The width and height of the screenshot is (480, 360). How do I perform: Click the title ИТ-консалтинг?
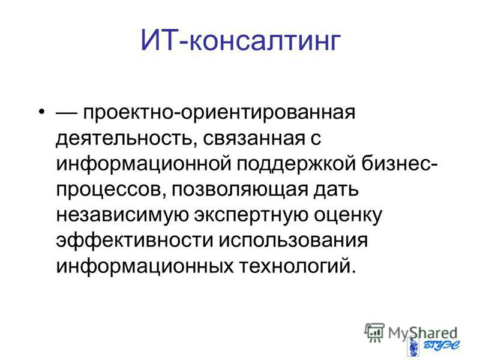241,41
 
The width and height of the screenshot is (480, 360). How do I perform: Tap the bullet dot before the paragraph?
42,110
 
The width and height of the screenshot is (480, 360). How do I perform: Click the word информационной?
143,164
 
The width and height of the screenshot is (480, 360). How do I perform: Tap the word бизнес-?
399,164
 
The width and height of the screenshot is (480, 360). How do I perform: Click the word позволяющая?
239,190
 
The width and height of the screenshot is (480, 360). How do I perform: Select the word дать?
336,190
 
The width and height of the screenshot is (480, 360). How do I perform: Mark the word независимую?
122,216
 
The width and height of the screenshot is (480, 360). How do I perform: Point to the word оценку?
348,216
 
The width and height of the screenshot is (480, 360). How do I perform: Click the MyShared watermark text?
423,333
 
